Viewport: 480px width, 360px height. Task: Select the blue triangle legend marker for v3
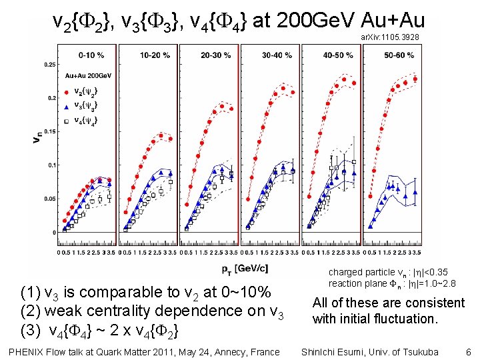click(x=67, y=105)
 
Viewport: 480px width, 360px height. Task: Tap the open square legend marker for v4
click(x=67, y=120)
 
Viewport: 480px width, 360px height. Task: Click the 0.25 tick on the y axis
click(x=49, y=65)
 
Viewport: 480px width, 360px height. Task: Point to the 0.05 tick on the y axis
click(x=49, y=199)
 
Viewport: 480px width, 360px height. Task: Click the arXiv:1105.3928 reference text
click(x=390, y=38)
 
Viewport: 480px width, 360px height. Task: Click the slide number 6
click(x=468, y=351)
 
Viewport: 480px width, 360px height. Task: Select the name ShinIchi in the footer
click(x=321, y=351)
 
